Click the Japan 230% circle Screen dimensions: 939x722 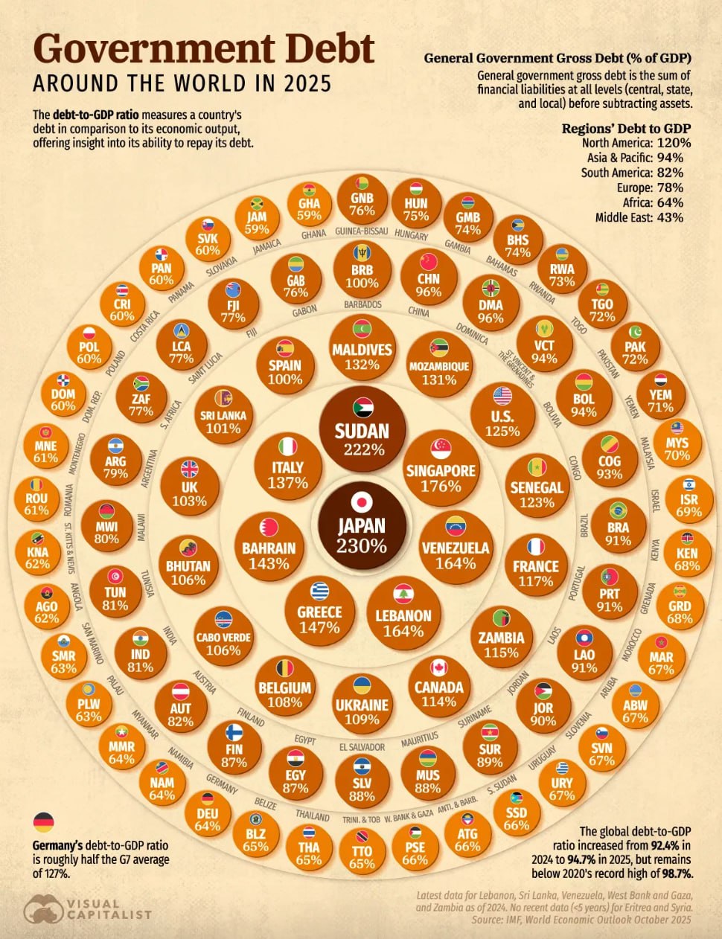(x=362, y=524)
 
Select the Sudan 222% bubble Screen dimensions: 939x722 (x=362, y=429)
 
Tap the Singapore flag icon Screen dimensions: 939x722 (x=441, y=447)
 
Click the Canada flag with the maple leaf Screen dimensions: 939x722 (x=439, y=667)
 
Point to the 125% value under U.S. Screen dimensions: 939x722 (x=502, y=431)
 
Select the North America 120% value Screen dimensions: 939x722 (x=673, y=143)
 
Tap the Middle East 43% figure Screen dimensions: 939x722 (x=670, y=217)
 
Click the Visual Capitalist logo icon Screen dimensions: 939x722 (x=43, y=908)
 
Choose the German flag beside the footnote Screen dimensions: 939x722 (x=44, y=822)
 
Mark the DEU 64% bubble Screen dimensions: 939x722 (x=208, y=813)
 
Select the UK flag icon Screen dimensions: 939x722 (x=190, y=469)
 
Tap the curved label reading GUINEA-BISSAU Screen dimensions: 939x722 (x=362, y=231)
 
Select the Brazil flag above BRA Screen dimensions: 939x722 (x=617, y=510)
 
